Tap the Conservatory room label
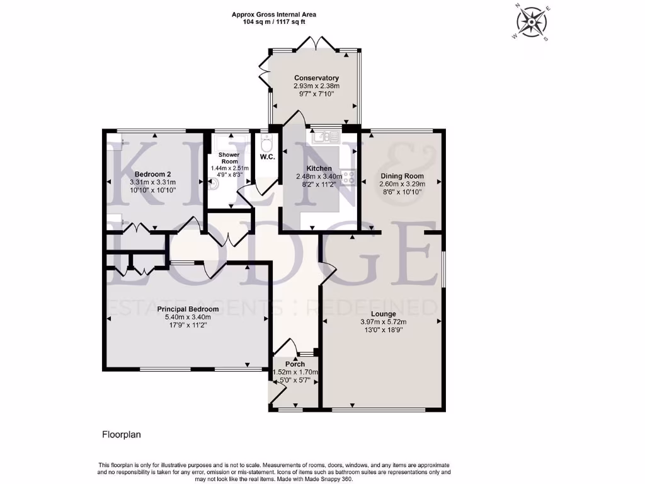click(316, 78)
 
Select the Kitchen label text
click(319, 169)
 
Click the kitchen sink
click(323, 135)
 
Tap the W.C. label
click(267, 158)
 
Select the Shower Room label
click(229, 158)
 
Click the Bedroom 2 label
click(153, 175)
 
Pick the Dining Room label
click(402, 176)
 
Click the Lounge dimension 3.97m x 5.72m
click(383, 322)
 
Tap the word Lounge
click(383, 314)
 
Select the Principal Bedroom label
click(188, 309)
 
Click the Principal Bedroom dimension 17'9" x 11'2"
click(188, 326)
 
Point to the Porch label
click(295, 364)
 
